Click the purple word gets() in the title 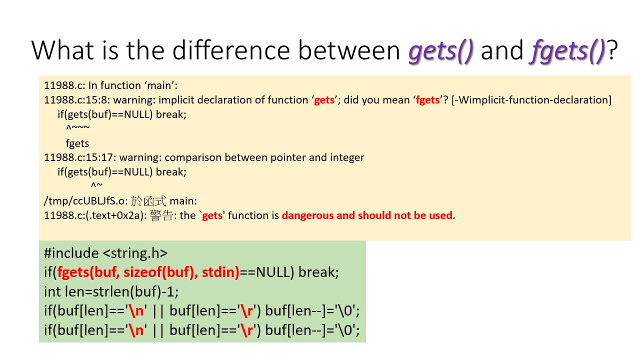tap(441, 51)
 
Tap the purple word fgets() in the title tap(567, 51)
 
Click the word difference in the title tap(231, 50)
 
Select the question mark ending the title tap(612, 50)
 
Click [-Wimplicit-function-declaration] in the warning tap(531, 100)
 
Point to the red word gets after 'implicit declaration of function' tap(324, 100)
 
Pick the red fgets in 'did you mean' tap(427, 100)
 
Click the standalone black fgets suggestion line tap(77, 143)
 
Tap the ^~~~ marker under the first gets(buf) tap(77, 127)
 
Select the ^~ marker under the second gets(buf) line tap(96, 185)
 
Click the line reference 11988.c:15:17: tap(80, 157)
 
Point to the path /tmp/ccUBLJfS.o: tap(85, 201)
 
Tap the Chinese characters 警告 tap(161, 215)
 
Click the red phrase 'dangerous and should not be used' tap(367, 215)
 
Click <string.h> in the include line tap(135, 253)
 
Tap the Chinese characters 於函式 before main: tap(148, 201)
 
